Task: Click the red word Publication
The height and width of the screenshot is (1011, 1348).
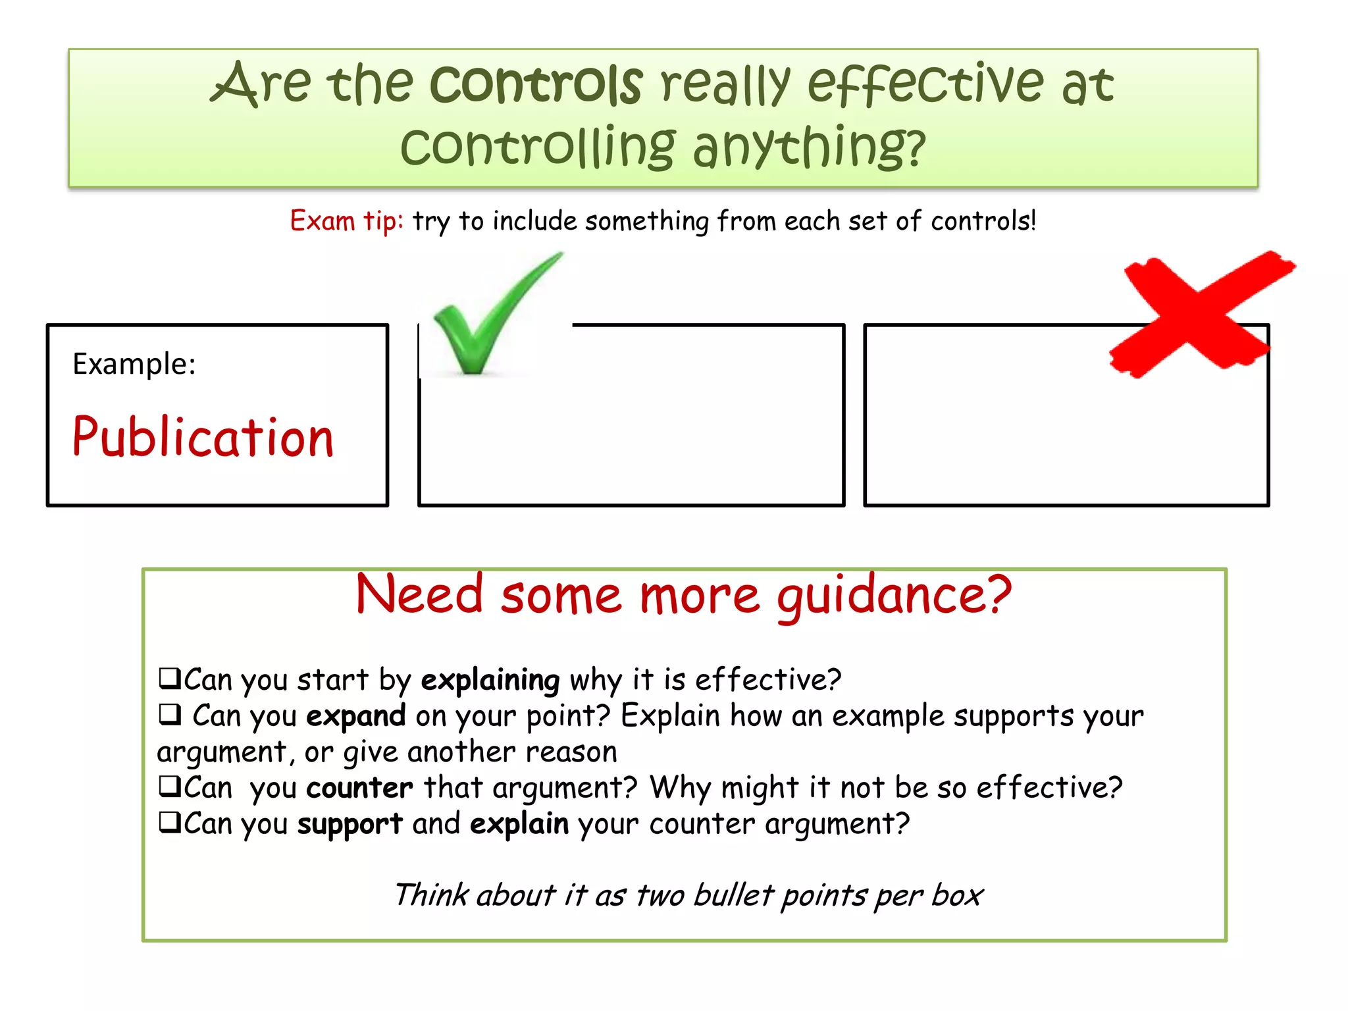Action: [203, 438]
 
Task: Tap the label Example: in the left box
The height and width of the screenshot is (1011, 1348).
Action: [134, 364]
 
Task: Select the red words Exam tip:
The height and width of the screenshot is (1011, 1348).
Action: [346, 221]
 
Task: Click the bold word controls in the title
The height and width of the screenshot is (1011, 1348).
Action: [536, 84]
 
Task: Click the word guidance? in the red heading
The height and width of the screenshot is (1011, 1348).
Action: [894, 595]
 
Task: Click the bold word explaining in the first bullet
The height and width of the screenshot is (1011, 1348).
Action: [490, 680]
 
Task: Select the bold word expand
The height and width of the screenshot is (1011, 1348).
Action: [355, 716]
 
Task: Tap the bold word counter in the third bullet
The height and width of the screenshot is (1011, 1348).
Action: [359, 788]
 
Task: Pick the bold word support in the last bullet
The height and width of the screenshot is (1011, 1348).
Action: [350, 824]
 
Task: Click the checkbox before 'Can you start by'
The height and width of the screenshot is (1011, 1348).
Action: [169, 677]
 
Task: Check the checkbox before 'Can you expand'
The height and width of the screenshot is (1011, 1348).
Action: [169, 713]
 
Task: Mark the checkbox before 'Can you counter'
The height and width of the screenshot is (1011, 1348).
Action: [169, 786]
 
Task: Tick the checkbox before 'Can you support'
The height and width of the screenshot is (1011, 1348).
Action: [169, 821]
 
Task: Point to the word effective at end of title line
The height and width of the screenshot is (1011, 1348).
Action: [925, 84]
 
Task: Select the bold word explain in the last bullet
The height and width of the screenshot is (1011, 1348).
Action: [519, 824]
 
